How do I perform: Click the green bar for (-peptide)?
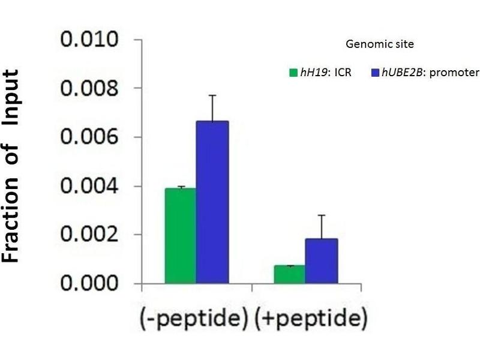point(181,235)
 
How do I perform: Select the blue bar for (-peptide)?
point(212,202)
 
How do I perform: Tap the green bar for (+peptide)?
point(289,274)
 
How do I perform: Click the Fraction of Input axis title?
point(19,166)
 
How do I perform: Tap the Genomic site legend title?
point(380,44)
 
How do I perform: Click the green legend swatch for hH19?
point(293,73)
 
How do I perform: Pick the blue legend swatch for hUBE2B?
point(375,73)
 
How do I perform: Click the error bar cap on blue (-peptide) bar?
point(212,95)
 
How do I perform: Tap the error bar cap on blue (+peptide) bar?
point(322,215)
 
